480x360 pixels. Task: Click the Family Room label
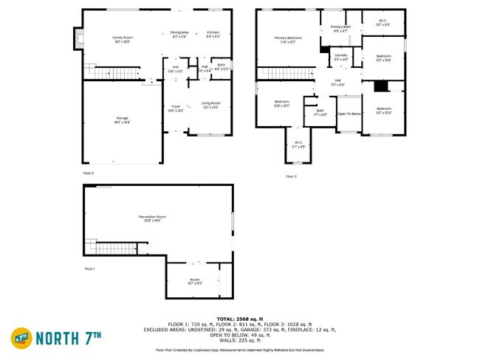[x=123, y=38]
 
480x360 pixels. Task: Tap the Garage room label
[x=122, y=119]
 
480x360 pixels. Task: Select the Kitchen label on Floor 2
[x=213, y=34]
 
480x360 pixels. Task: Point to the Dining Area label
[x=180, y=34]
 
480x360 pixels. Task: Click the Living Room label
[x=211, y=105]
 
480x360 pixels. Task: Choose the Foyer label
[x=176, y=108]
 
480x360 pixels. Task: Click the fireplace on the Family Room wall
[x=75, y=38]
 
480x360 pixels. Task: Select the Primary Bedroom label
[x=289, y=39]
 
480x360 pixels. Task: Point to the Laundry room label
[x=340, y=57]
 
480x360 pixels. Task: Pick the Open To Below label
[x=349, y=114]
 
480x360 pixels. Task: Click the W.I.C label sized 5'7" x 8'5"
[x=298, y=144]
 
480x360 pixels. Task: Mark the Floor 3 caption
[x=291, y=176]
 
